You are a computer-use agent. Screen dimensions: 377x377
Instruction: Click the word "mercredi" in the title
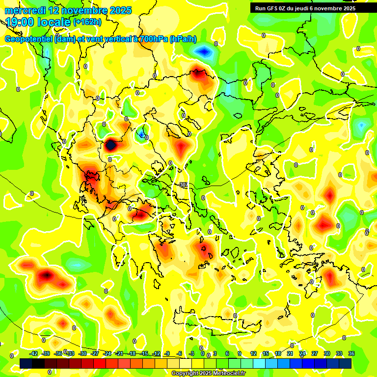pyautogui.click(x=23, y=10)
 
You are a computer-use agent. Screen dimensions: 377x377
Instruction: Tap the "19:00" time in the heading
pyautogui.click(x=19, y=22)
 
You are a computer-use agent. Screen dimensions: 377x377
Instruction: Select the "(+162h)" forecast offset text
pyautogui.click(x=87, y=22)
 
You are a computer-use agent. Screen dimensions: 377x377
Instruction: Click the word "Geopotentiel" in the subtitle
pyautogui.click(x=28, y=39)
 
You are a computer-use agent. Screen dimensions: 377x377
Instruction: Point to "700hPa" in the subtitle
pyautogui.click(x=154, y=39)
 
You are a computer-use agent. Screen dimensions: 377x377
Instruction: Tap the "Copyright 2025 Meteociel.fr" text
pyautogui.click(x=209, y=374)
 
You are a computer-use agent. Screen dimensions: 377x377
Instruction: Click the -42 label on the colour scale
pyautogui.click(x=33, y=354)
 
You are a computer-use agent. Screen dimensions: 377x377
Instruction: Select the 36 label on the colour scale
pyautogui.click(x=351, y=354)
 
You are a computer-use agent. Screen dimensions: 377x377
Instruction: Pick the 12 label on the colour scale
pyautogui.click(x=253, y=354)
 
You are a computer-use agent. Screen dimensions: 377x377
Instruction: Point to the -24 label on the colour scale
pyautogui.click(x=107, y=354)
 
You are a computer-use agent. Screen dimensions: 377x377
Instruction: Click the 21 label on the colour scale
pyautogui.click(x=290, y=354)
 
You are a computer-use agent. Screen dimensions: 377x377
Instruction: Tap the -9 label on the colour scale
pyautogui.click(x=167, y=354)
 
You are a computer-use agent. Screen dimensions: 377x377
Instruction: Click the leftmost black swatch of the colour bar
pyautogui.click(x=26, y=363)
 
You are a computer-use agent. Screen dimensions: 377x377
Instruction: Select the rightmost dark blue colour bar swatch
pyautogui.click(x=346, y=363)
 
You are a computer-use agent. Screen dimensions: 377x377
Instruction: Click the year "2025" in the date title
pyautogui.click(x=118, y=10)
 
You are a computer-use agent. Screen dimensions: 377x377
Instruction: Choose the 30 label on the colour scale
pyautogui.click(x=327, y=354)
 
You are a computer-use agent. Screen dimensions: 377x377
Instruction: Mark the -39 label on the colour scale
pyautogui.click(x=46, y=354)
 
